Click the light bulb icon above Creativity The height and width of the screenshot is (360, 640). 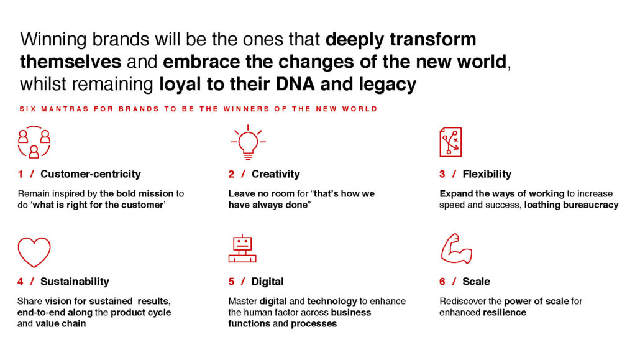pyautogui.click(x=248, y=142)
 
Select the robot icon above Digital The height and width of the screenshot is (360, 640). pyautogui.click(x=242, y=249)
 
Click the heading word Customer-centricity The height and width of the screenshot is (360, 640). pyautogui.click(x=91, y=174)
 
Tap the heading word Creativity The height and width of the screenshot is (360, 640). pyautogui.click(x=275, y=174)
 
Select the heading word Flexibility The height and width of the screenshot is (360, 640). pyautogui.click(x=487, y=174)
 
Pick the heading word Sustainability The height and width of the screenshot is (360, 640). pyautogui.click(x=75, y=282)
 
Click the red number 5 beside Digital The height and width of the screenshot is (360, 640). pyautogui.click(x=231, y=282)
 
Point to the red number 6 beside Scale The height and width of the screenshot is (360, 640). pyautogui.click(x=442, y=282)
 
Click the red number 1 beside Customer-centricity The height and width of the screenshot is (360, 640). pyautogui.click(x=21, y=174)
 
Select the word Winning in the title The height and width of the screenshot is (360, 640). pyautogui.click(x=53, y=40)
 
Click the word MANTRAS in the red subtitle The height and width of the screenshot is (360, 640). pyautogui.click(x=65, y=109)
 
